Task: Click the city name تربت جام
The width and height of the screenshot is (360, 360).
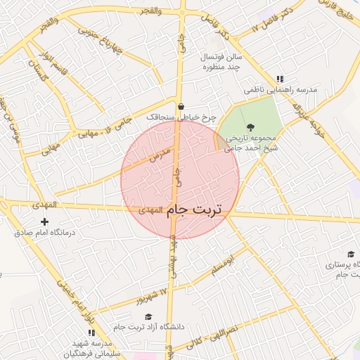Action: (x=195, y=210)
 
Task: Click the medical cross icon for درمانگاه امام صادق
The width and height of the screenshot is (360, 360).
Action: (x=44, y=222)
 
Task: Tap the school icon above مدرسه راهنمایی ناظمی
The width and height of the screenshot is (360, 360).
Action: (x=281, y=79)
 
